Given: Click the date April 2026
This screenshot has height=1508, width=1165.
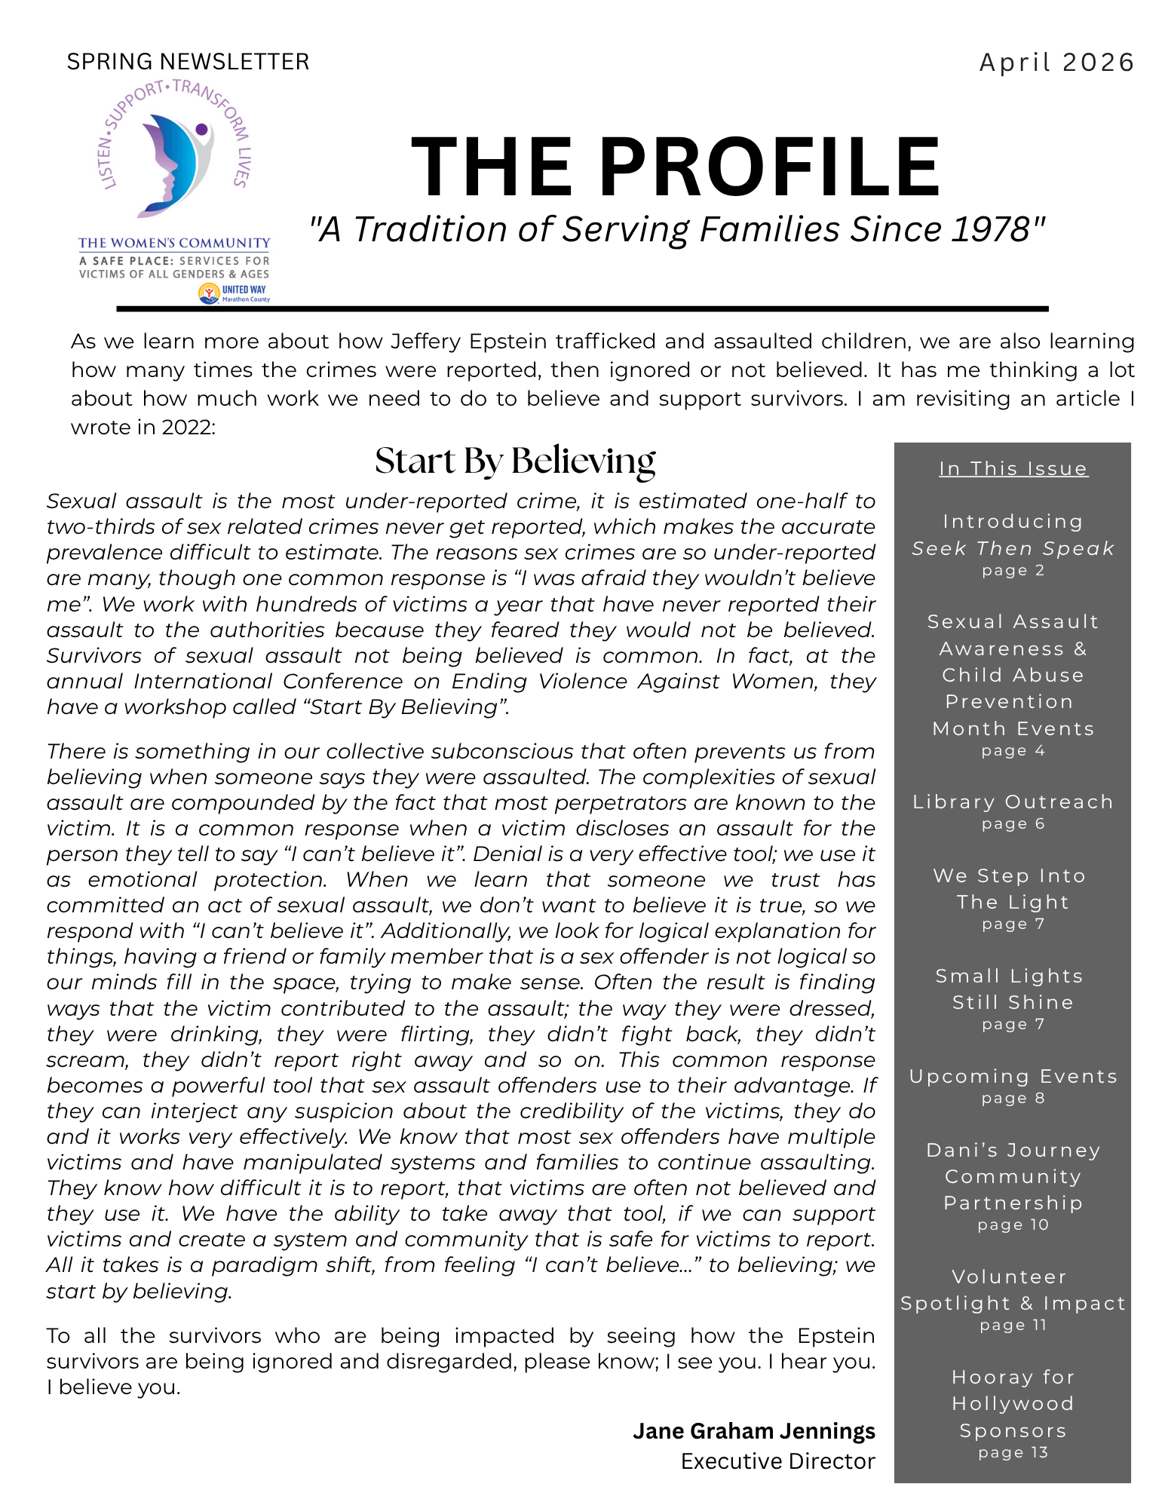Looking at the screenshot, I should (x=1056, y=63).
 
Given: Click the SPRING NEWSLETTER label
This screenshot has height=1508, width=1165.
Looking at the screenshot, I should (x=188, y=62).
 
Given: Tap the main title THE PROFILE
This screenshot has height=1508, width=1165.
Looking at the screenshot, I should (x=676, y=167).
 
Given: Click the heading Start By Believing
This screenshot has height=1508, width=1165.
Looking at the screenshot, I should (x=515, y=461).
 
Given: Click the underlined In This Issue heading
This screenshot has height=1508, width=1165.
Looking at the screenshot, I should (x=1013, y=469).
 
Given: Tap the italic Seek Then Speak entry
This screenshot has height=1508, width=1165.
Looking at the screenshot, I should (x=1013, y=549).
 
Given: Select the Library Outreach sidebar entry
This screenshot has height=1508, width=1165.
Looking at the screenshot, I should (x=1013, y=802).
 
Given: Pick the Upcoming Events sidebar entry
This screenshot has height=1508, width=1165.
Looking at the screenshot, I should (x=1013, y=1077).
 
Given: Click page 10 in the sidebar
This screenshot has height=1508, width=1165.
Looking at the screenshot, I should (x=1013, y=1225).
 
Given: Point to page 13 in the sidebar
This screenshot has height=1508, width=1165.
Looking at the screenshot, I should (x=1013, y=1453).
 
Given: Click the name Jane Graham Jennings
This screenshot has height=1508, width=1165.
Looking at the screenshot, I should (x=753, y=1431).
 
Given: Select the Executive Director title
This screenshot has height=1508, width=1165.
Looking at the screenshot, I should (x=777, y=1461).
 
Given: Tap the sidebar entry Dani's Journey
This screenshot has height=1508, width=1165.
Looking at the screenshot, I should (x=1013, y=1151).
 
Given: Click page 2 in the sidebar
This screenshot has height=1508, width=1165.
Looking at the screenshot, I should (x=1013, y=571).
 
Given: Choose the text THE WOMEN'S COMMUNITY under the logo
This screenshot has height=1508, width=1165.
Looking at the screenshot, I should (x=174, y=243).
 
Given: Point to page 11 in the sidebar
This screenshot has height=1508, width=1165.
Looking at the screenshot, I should (x=1013, y=1326).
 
